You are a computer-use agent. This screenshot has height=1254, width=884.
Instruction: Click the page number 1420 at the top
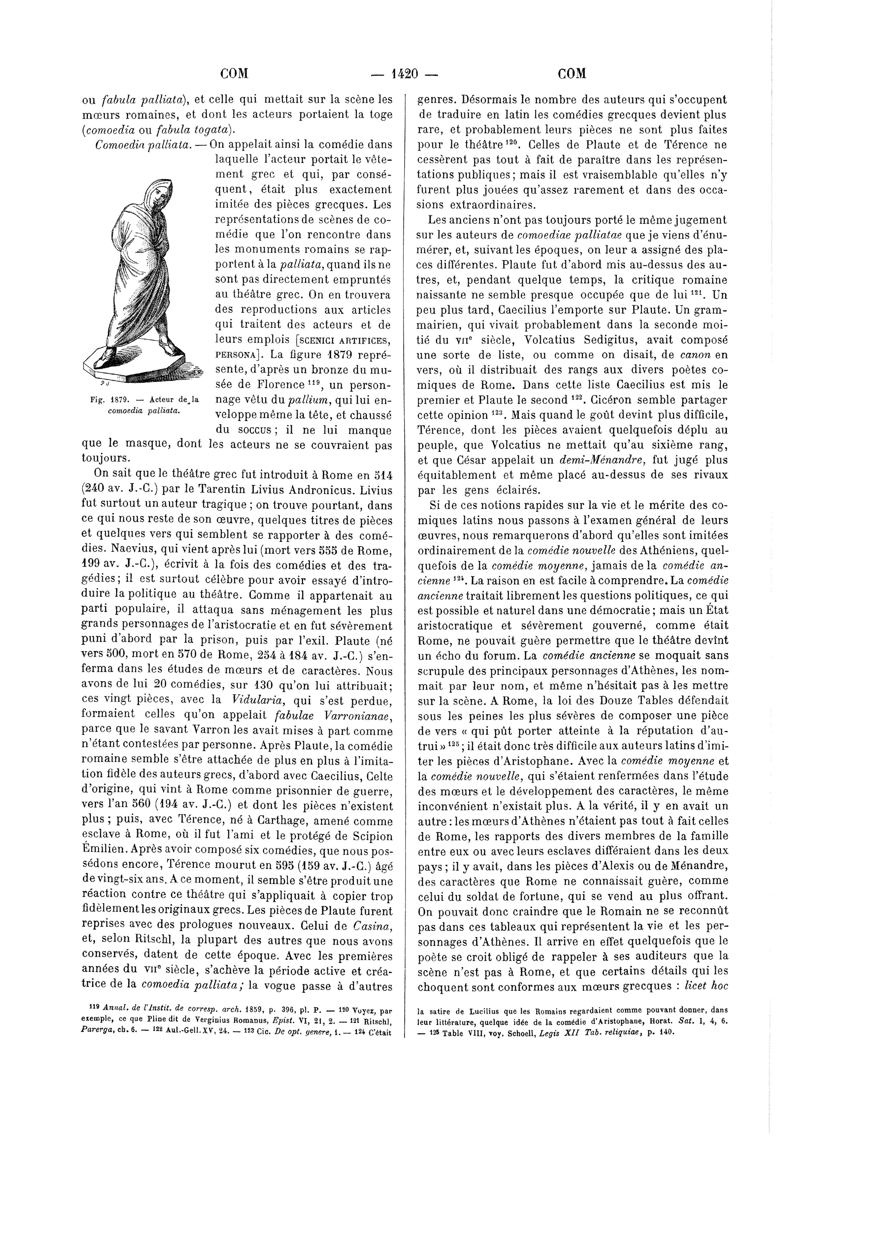(x=405, y=74)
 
